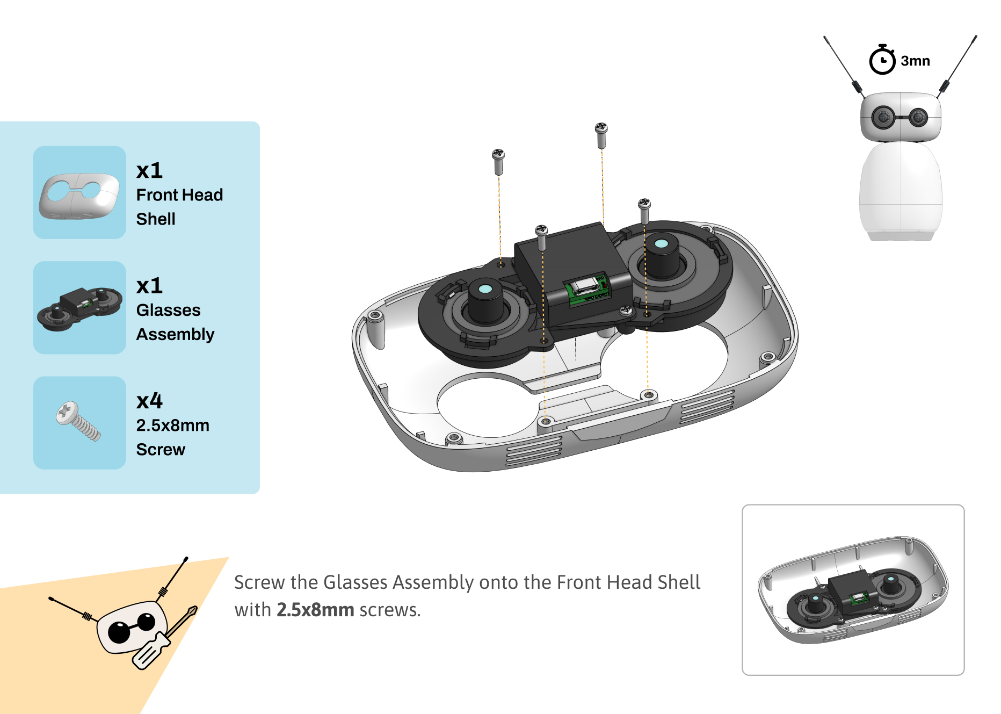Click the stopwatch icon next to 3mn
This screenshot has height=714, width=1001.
tap(882, 60)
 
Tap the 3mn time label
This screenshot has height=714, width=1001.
tap(915, 61)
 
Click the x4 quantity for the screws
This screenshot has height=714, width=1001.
tap(149, 401)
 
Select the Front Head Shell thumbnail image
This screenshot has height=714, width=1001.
tap(79, 193)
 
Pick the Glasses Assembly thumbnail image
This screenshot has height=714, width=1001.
tap(79, 308)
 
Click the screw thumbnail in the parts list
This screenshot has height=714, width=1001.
tap(79, 423)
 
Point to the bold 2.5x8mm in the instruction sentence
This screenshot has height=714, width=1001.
tap(315, 610)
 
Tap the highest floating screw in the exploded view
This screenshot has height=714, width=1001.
tap(601, 134)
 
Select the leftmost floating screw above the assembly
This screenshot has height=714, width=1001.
tap(498, 161)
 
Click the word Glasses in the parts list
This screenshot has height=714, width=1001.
tap(168, 310)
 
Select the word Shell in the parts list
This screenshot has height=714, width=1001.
tap(156, 219)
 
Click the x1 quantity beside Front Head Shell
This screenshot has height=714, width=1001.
tap(149, 170)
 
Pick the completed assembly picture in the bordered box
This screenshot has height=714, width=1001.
tap(853, 589)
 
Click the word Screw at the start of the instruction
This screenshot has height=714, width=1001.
tap(259, 582)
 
